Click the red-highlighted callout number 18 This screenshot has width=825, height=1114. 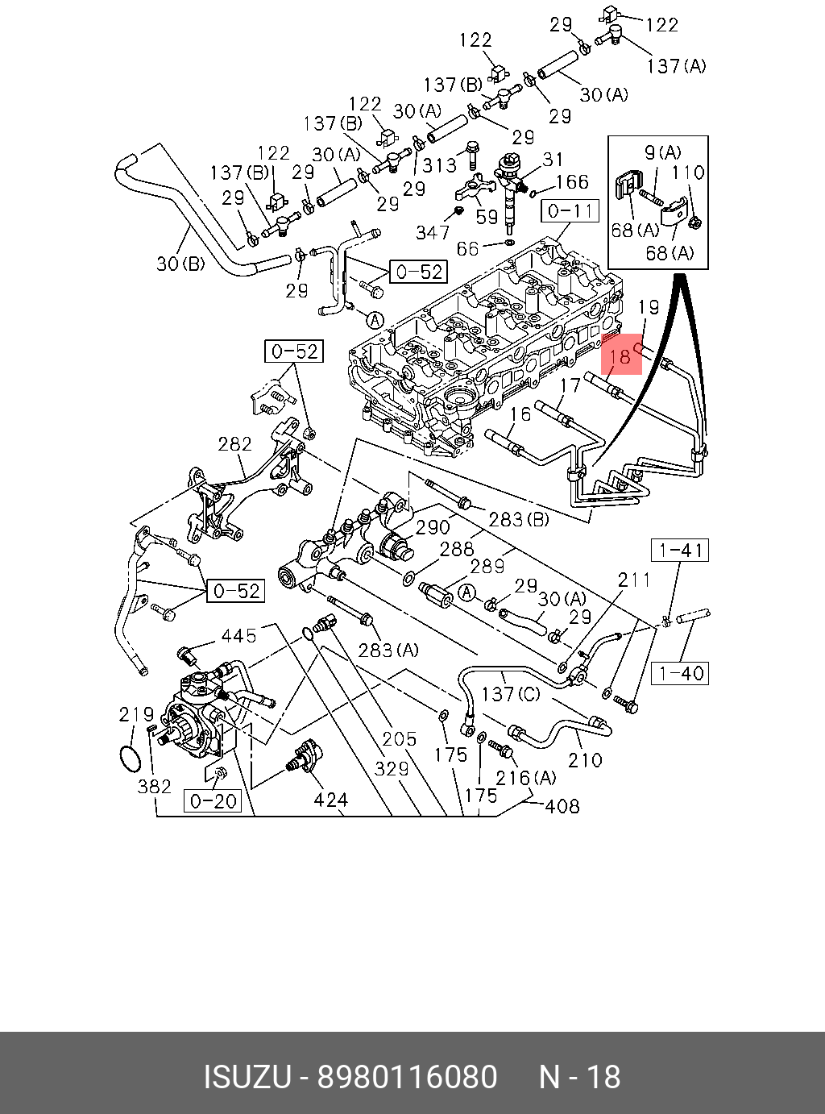pos(620,355)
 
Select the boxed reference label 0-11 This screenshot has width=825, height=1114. pos(570,212)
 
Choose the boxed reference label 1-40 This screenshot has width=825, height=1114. pos(681,672)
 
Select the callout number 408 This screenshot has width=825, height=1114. pos(562,805)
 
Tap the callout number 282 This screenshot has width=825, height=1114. pos(235,443)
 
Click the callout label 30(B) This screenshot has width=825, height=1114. pos(180,263)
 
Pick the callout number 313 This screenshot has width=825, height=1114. pos(439,164)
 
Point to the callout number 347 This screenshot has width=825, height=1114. pos(433,232)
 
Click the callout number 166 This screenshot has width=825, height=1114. pos(573,182)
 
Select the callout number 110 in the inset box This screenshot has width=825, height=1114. pos(687,172)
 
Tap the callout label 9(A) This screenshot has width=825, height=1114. pos(662,152)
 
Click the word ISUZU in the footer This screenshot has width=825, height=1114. pos(247,1078)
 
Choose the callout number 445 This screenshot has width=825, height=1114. pos(239,635)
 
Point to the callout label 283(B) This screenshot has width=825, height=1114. pos(519,519)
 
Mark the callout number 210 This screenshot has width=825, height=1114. pos(585,759)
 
